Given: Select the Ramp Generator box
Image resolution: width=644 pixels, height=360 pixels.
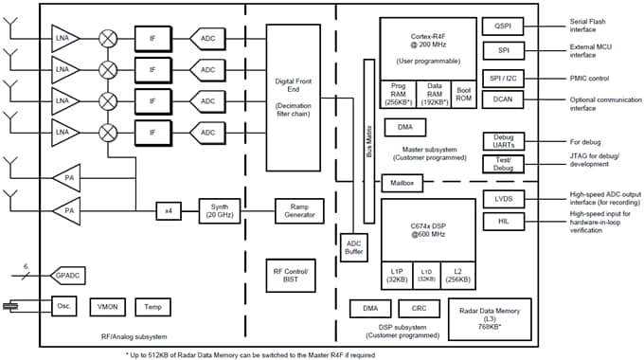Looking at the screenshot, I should [299, 208].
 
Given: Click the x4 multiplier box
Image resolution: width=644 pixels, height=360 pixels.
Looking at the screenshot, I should [169, 208].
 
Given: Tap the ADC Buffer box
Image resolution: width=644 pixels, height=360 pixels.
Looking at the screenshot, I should [354, 247].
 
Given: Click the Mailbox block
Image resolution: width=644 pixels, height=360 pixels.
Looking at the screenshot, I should [399, 181].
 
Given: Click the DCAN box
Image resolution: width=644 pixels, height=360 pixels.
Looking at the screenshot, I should [502, 99].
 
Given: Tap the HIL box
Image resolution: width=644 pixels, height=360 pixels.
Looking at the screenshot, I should [502, 221].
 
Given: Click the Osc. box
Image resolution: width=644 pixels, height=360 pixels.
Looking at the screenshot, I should [63, 307].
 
